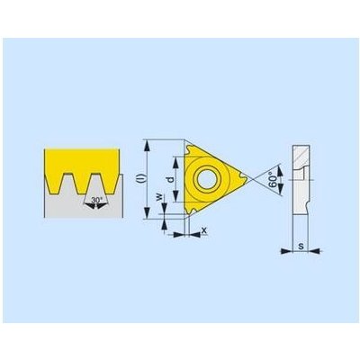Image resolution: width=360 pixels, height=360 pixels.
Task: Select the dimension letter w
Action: pyautogui.click(x=159, y=195)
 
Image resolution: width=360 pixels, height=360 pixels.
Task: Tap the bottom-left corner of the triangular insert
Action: pyautogui.click(x=190, y=214)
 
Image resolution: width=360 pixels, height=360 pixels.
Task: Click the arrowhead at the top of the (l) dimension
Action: pyautogui.click(x=148, y=144)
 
